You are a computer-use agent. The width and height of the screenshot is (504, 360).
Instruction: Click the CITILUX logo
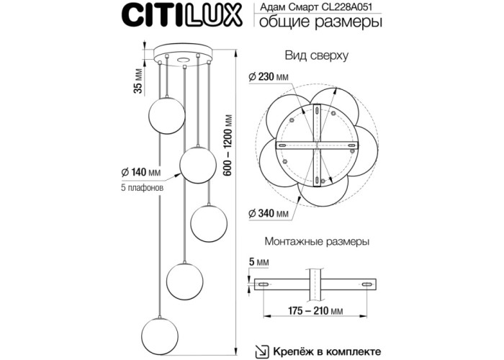182,14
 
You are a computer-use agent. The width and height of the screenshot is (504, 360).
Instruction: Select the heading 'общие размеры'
321,22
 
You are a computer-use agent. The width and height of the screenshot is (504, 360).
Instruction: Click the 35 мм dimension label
138,81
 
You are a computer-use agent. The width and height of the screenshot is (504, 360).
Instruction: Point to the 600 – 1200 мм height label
228,145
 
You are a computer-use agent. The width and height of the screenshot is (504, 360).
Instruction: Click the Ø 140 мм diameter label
141,172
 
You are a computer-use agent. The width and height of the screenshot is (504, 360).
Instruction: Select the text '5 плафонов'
142,188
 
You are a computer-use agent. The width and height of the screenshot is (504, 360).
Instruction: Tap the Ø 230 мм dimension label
269,77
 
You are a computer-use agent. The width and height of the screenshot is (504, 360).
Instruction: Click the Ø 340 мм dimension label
269,213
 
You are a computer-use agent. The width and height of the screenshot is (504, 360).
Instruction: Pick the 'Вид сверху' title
317,55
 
